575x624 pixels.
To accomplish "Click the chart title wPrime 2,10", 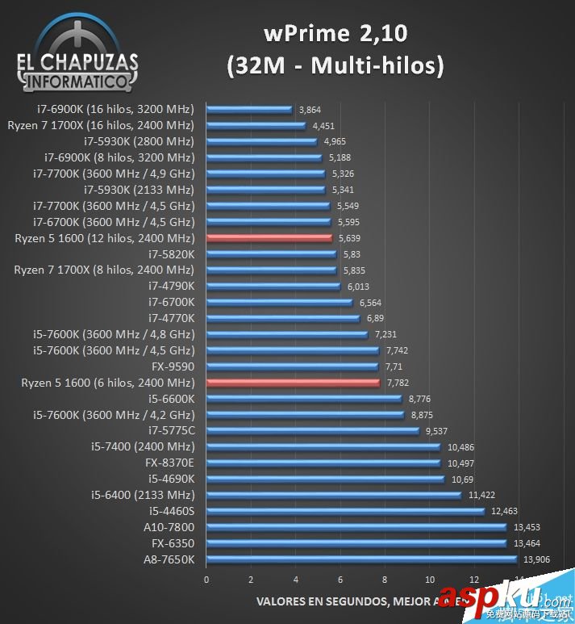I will [335, 34].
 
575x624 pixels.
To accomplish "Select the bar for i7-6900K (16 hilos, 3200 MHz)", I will [249, 109].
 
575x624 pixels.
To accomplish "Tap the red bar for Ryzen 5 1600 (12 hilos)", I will [269, 237].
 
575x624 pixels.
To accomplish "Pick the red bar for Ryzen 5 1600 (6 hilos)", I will [293, 383].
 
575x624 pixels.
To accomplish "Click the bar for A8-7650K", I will [361, 559].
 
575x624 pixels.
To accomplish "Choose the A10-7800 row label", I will [169, 527].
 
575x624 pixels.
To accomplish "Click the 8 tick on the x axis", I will [385, 580].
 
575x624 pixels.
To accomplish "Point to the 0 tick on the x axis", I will [206, 580].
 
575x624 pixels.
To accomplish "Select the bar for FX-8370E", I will [323, 463].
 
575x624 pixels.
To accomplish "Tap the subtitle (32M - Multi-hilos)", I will [335, 66].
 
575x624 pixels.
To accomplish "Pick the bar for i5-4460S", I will [345, 511].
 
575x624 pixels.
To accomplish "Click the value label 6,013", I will [359, 286].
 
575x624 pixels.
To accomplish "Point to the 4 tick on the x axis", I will [296, 580].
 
